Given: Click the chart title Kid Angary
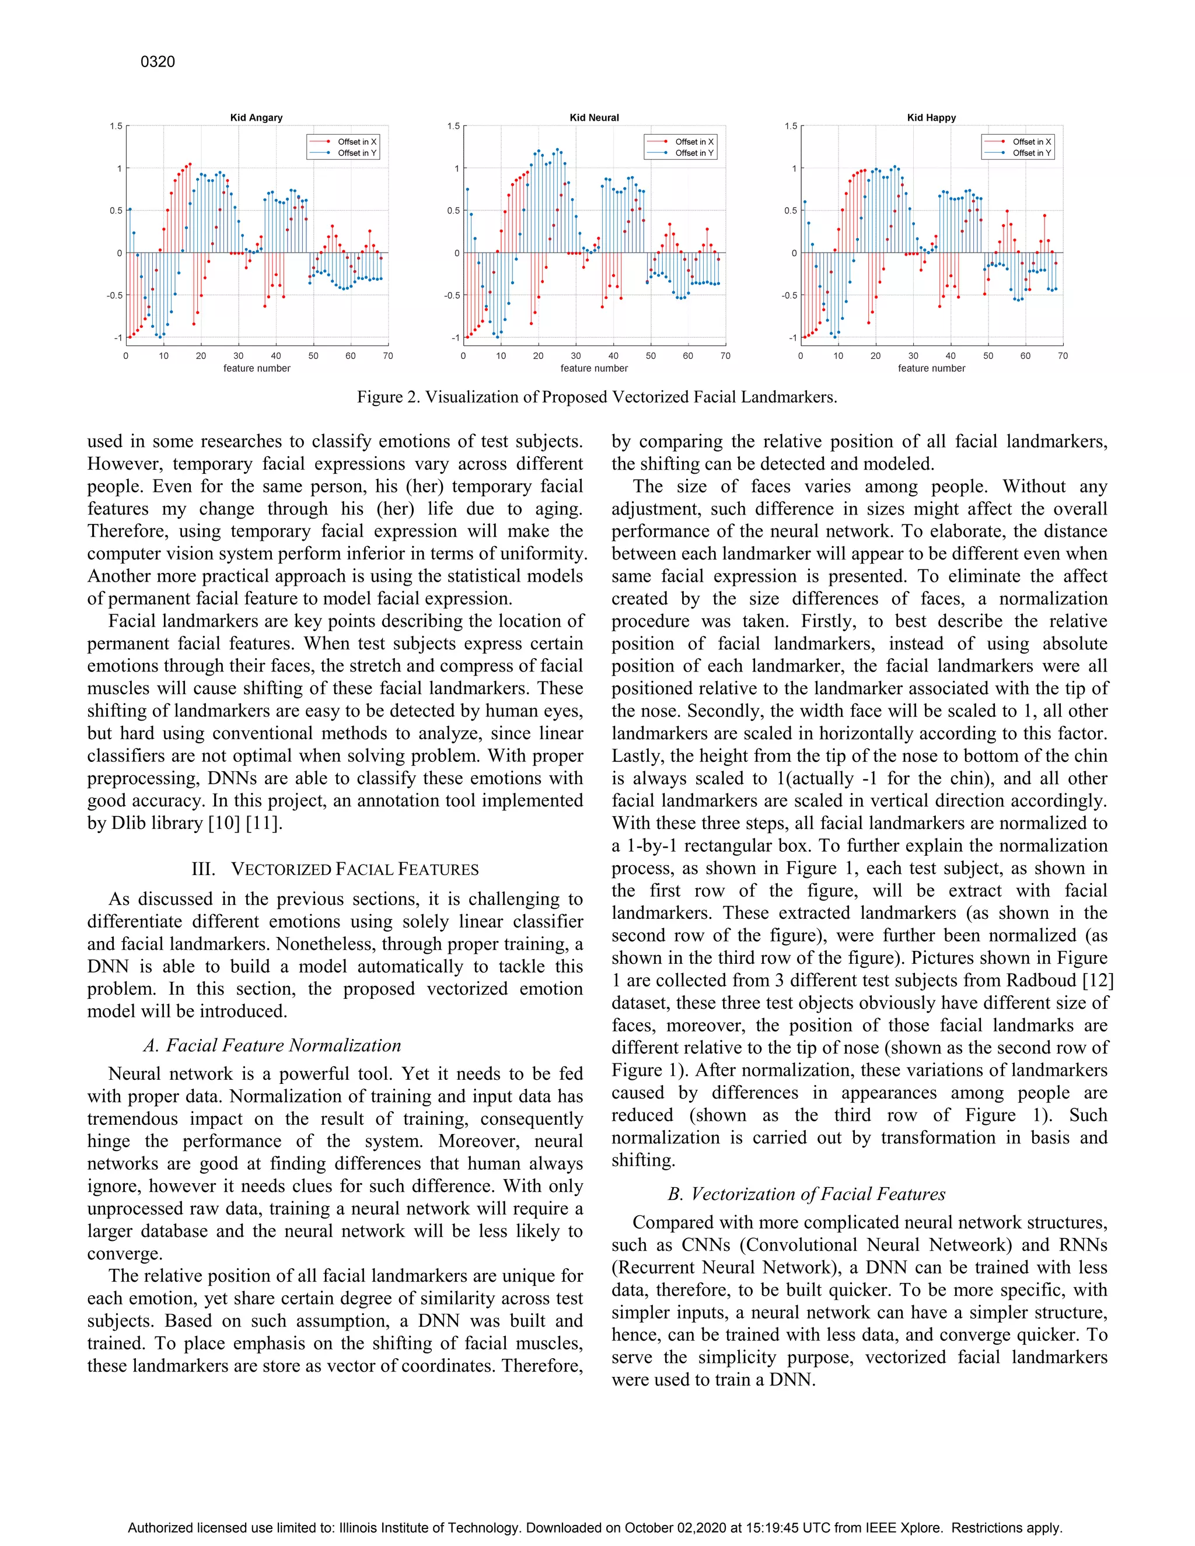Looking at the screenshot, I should pyautogui.click(x=256, y=117).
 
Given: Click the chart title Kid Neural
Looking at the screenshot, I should pyautogui.click(x=594, y=117).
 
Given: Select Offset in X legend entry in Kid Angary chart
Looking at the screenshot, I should pyautogui.click(x=357, y=142).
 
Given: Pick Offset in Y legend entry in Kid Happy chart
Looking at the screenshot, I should pyautogui.click(x=1032, y=153).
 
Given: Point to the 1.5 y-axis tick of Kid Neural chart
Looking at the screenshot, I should pyautogui.click(x=453, y=126).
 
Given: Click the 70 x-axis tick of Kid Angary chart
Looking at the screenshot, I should pyautogui.click(x=388, y=356).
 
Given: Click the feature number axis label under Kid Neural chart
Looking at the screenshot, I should pyautogui.click(x=594, y=368).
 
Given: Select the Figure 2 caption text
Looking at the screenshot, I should pyautogui.click(x=597, y=397).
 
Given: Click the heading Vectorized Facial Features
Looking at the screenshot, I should pyautogui.click(x=335, y=869).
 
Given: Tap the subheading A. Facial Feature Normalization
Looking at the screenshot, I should pyautogui.click(x=272, y=1045).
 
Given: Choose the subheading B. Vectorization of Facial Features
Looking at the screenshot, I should pyautogui.click(x=806, y=1194).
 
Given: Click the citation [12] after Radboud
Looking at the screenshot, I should pyautogui.click(x=1094, y=981).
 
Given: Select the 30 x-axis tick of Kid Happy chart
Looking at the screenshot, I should pyautogui.click(x=913, y=356).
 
